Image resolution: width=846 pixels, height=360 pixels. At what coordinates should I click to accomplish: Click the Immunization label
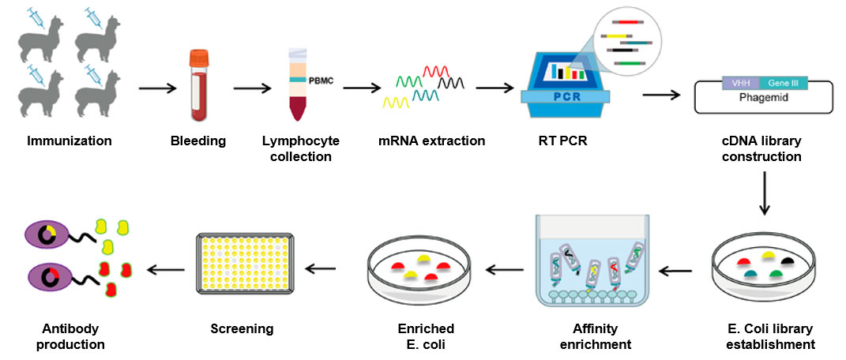(x=70, y=141)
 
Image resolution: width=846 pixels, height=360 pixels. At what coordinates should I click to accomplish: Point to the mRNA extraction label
(x=431, y=141)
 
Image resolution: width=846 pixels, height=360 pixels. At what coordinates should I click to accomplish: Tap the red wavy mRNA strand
(x=437, y=72)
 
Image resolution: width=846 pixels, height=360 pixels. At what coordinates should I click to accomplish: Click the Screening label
(x=242, y=328)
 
